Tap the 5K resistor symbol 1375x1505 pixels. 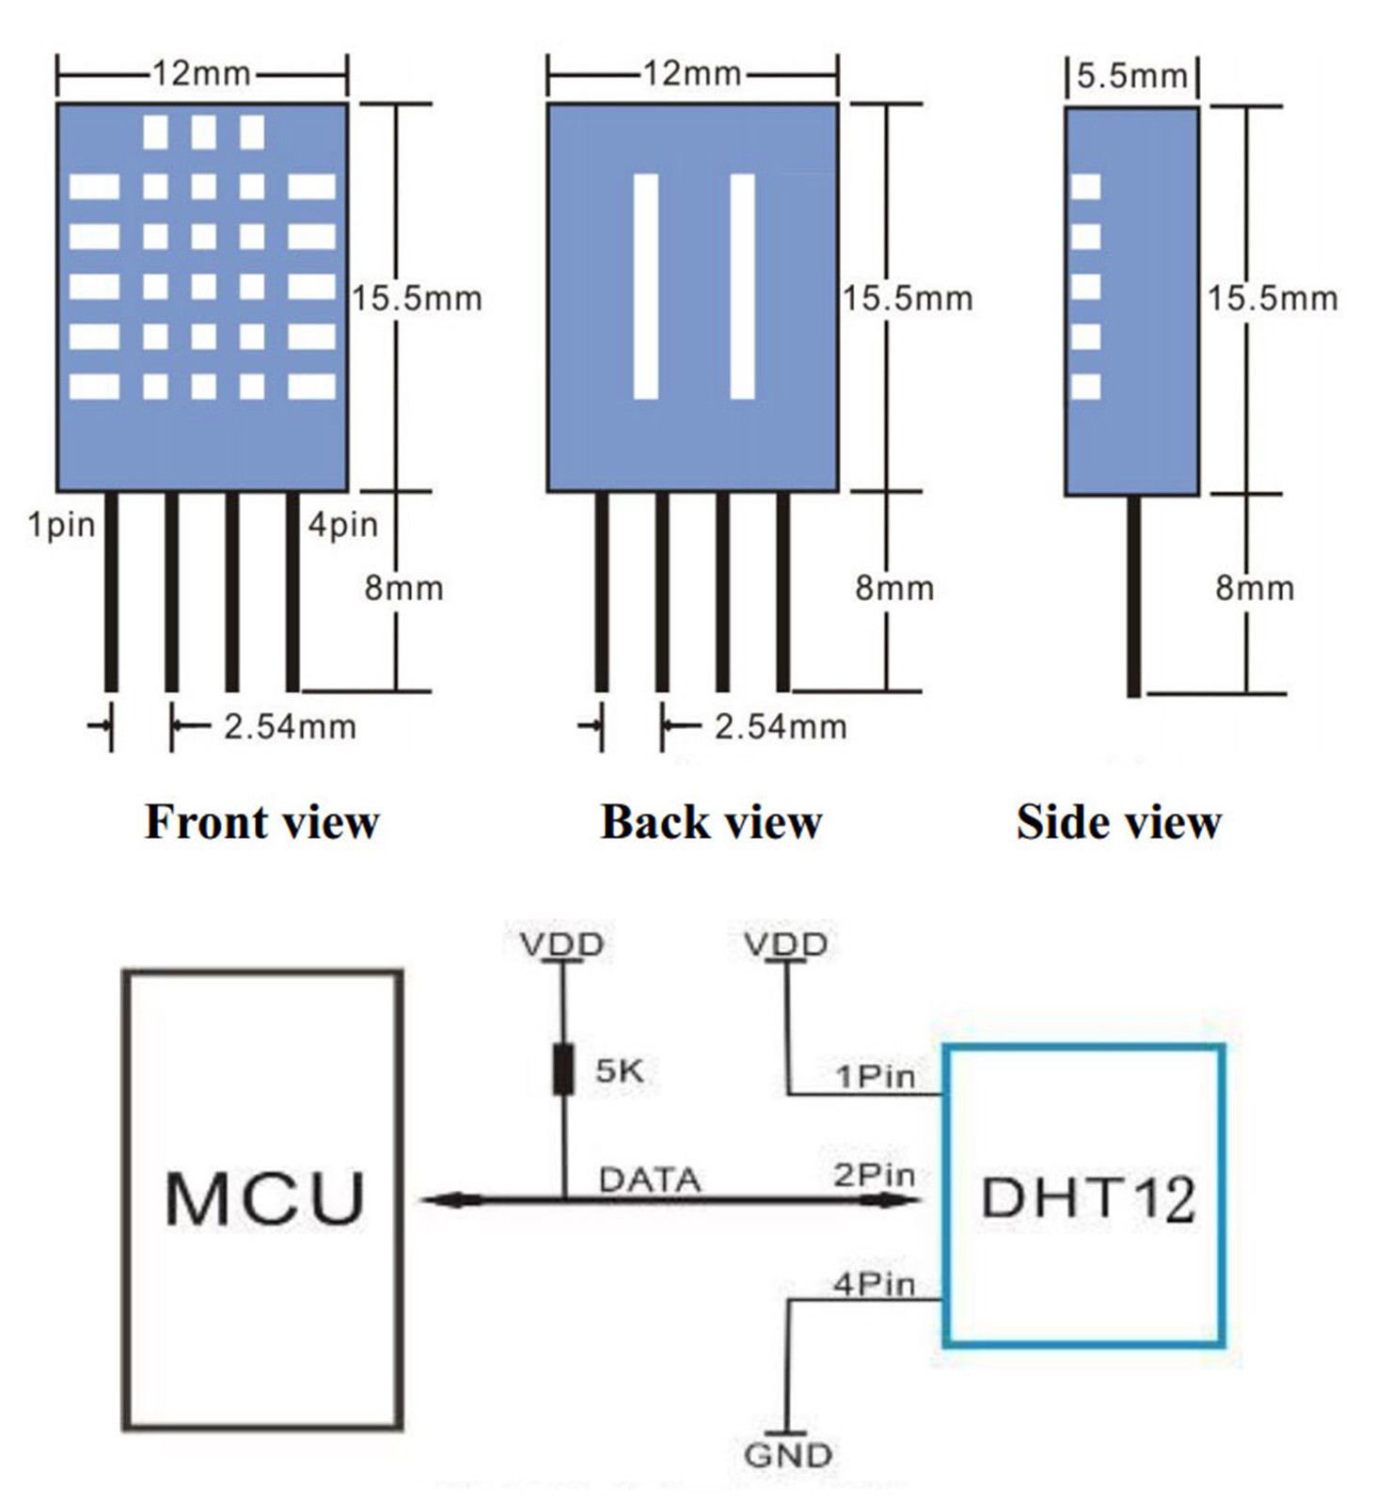(563, 1069)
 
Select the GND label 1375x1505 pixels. (788, 1455)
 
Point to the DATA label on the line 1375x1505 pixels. (650, 1180)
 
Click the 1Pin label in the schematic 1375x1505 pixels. (875, 1075)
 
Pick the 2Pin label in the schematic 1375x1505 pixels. (874, 1175)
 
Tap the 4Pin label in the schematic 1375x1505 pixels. (874, 1283)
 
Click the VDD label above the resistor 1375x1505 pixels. (562, 943)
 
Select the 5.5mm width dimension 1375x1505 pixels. (1132, 75)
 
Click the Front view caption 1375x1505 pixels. (261, 821)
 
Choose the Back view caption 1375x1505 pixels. (711, 821)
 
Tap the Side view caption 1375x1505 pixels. (1118, 821)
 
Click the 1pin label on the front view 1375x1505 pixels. (61, 525)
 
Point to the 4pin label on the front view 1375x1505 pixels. (343, 525)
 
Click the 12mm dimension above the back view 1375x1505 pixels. (692, 73)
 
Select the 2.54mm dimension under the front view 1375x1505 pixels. (290, 727)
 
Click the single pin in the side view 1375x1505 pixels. (1134, 596)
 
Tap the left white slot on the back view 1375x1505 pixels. (645, 286)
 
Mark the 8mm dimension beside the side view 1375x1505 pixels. (1255, 589)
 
